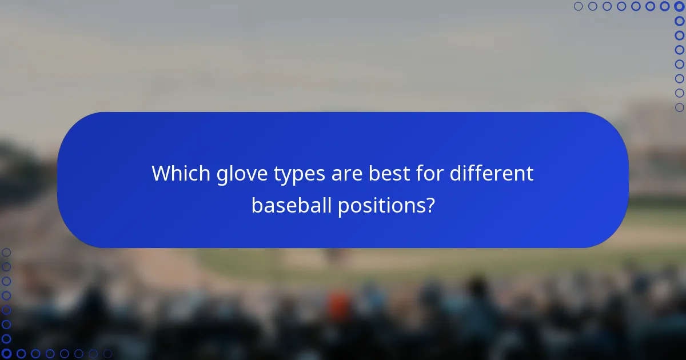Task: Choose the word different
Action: (492, 174)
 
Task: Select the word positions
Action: (382, 206)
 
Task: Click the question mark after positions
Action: (429, 206)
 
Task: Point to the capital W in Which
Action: (161, 174)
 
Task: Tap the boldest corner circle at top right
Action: (679, 6)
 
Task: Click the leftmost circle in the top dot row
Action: (579, 6)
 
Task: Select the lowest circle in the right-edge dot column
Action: (679, 107)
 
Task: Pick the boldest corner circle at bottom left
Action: (6, 354)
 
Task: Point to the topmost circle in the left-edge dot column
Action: (6, 253)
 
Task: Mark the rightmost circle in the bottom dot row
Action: (107, 354)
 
